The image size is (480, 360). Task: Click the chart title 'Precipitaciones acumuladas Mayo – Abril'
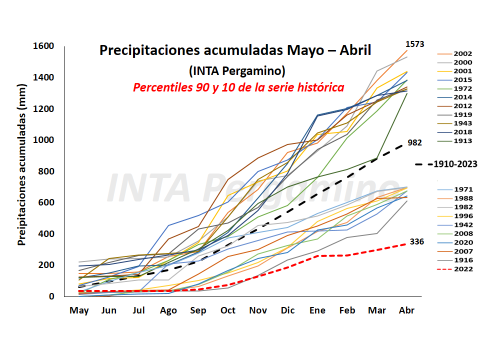(x=238, y=51)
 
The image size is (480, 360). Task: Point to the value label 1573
(x=415, y=44)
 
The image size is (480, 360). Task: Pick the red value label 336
(x=415, y=242)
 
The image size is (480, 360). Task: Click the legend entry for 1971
(x=462, y=189)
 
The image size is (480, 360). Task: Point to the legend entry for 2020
(x=462, y=242)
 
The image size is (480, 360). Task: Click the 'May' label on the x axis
(x=78, y=311)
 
